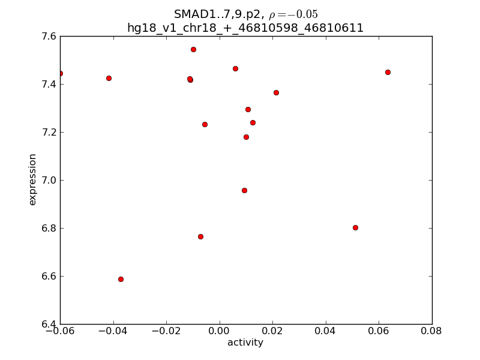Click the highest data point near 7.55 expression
pyautogui.click(x=193, y=49)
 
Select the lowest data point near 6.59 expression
pyautogui.click(x=121, y=279)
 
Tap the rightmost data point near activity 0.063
pyautogui.click(x=388, y=72)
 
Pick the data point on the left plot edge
pyautogui.click(x=60, y=73)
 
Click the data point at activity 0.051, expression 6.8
pyautogui.click(x=355, y=227)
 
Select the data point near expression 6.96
pyautogui.click(x=244, y=190)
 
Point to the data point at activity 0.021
pyautogui.click(x=276, y=92)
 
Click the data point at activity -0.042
pyautogui.click(x=109, y=78)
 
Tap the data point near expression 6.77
pyautogui.click(x=200, y=236)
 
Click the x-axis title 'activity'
pyautogui.click(x=245, y=343)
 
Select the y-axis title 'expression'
pyautogui.click(x=33, y=179)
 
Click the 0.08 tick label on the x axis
pyautogui.click(x=431, y=331)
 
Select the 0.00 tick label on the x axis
pyautogui.click(x=220, y=331)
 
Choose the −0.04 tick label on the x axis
pyautogui.click(x=112, y=331)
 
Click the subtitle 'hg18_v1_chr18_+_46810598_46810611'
pyautogui.click(x=245, y=28)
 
